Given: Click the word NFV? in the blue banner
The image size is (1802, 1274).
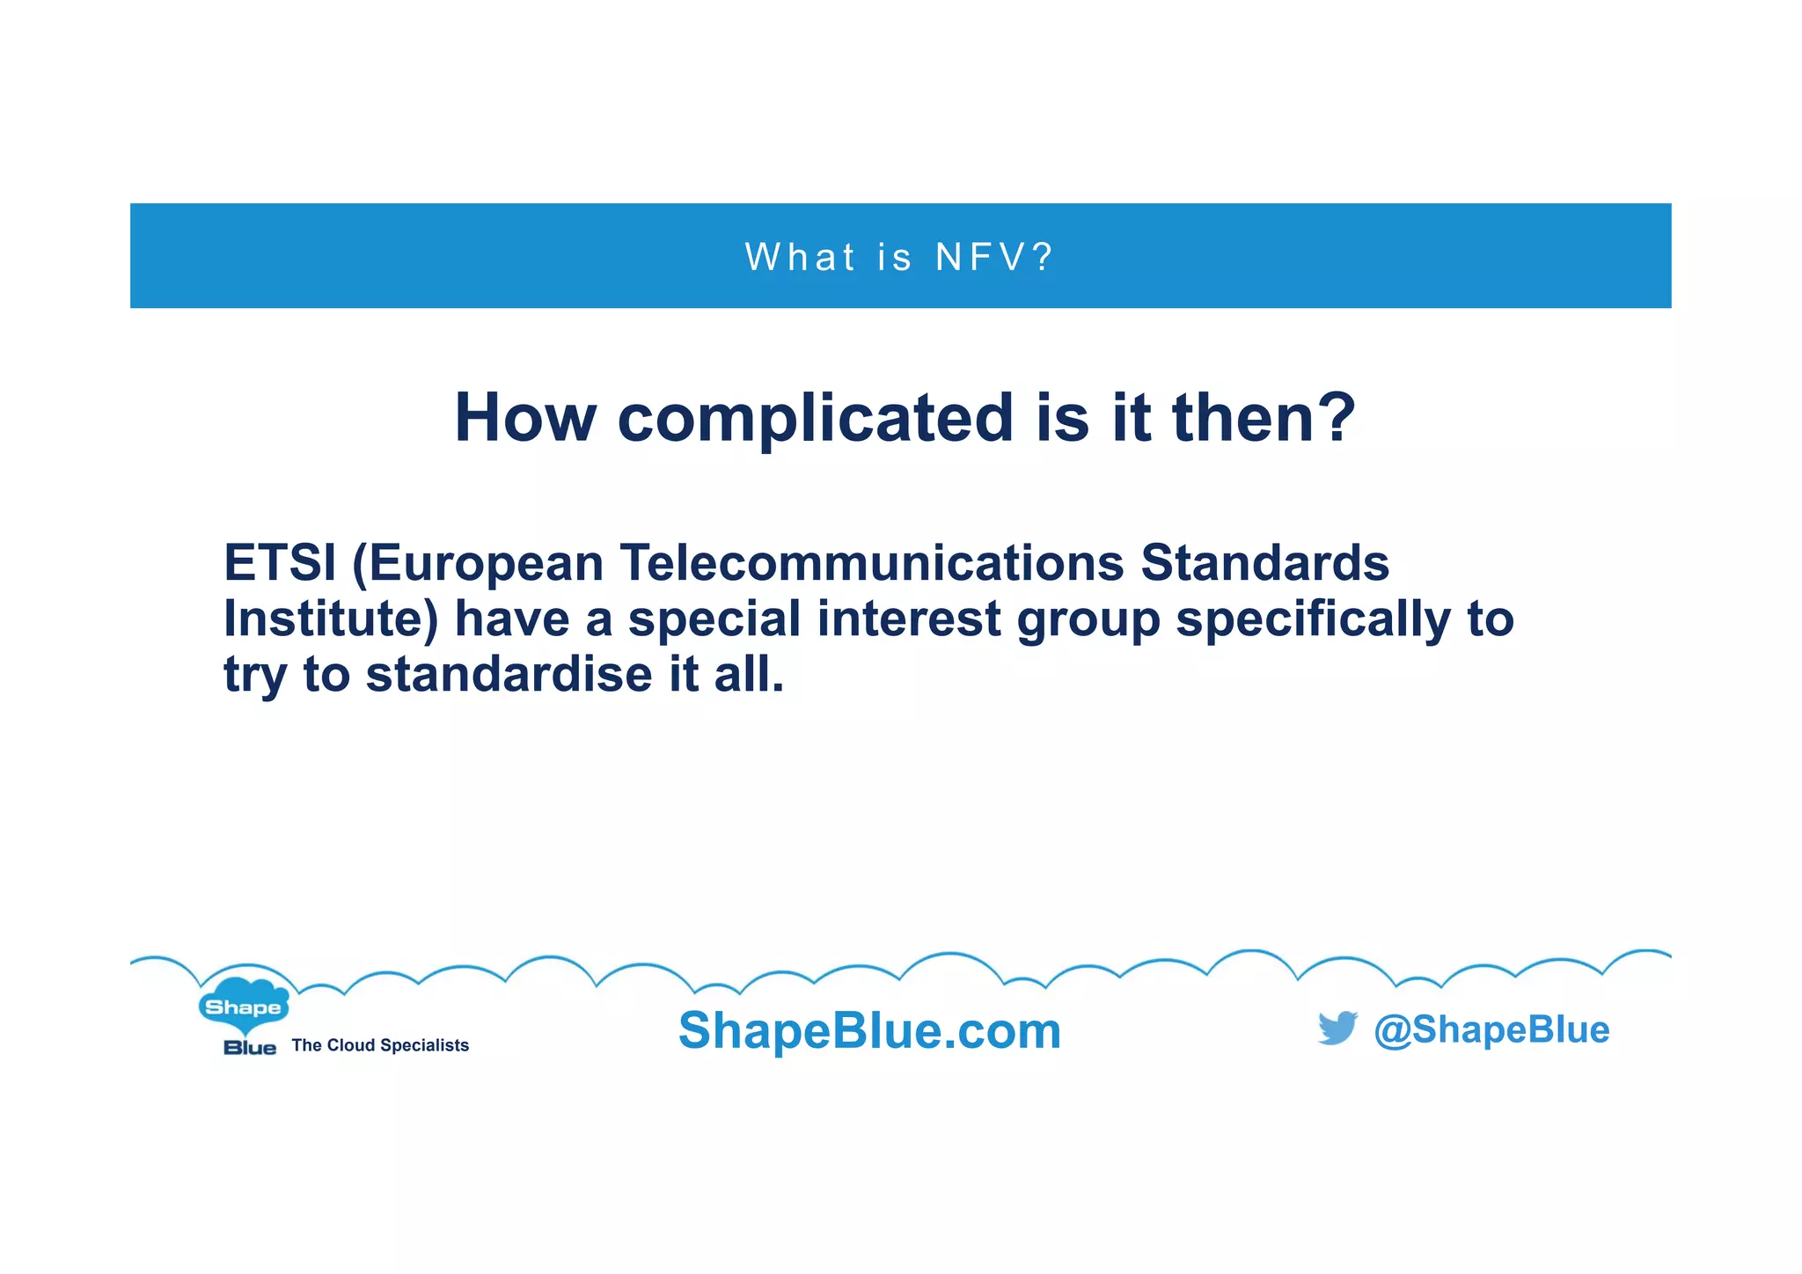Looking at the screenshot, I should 993,257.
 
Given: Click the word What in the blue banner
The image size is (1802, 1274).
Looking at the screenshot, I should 800,257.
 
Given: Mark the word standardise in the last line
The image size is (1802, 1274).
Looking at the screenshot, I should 509,674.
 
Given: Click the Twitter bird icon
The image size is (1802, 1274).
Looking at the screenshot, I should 1337,1028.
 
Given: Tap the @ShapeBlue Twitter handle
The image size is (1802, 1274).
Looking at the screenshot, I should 1491,1029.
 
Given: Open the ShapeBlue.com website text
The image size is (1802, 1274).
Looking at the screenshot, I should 869,1030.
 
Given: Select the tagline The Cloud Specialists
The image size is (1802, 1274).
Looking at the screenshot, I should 380,1045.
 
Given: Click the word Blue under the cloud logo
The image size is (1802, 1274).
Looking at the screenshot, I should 250,1048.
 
